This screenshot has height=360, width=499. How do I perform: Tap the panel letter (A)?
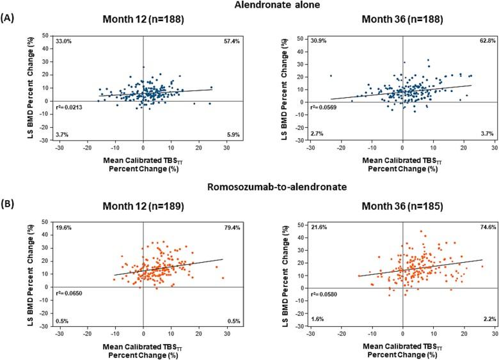[x=8, y=19]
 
